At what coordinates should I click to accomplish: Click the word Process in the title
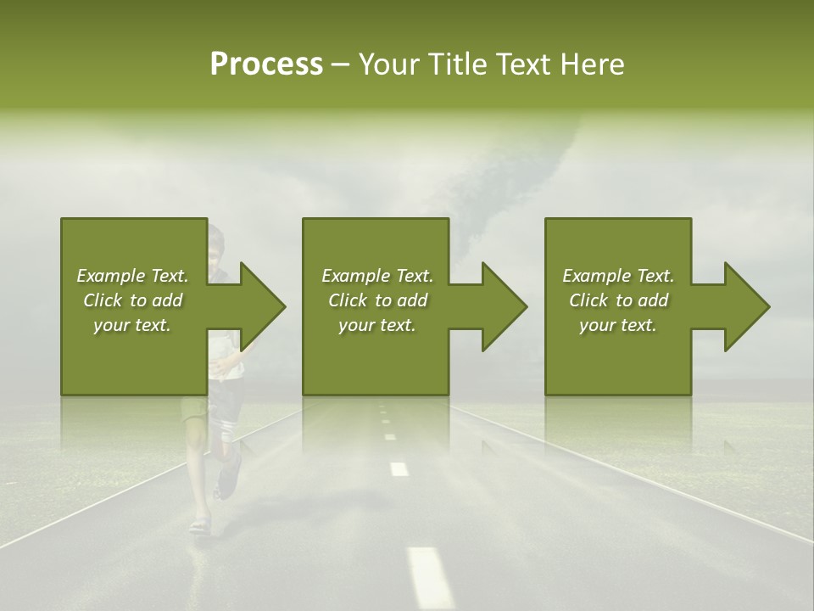(266, 64)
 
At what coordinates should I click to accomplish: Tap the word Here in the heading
(592, 64)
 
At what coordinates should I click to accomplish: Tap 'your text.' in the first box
(132, 325)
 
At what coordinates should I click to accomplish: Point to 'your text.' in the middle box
(377, 325)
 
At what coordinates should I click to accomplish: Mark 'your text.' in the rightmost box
(618, 325)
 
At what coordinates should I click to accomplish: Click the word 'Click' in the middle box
(348, 300)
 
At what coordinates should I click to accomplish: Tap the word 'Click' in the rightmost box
(588, 300)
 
